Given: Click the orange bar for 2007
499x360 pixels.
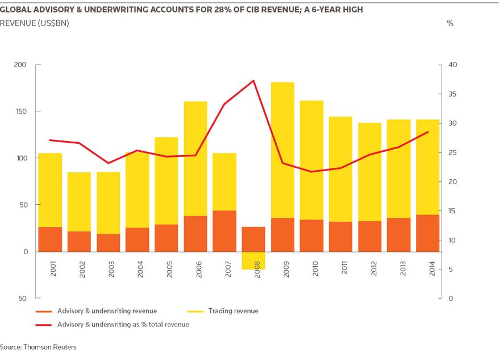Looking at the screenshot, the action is pyautogui.click(x=224, y=231).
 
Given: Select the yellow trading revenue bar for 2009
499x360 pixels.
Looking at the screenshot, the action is pyautogui.click(x=282, y=150).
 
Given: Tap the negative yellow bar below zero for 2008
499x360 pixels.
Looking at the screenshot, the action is pyautogui.click(x=253, y=260).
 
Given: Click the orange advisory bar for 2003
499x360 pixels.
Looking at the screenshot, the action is pyautogui.click(x=108, y=243).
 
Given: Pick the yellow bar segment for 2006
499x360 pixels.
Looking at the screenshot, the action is pyautogui.click(x=196, y=159).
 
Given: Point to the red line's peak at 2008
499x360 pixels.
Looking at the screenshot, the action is pyautogui.click(x=253, y=81).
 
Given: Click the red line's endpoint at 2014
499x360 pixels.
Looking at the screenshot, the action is pyautogui.click(x=428, y=131).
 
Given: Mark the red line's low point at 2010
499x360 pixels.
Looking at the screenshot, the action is pyautogui.click(x=311, y=172).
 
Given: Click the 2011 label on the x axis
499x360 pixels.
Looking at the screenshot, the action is pyautogui.click(x=344, y=268).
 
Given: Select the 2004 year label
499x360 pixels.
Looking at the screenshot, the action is pyautogui.click(x=140, y=269).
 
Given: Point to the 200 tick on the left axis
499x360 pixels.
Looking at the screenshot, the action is pyautogui.click(x=20, y=65).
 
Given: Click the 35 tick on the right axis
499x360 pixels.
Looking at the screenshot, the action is pyautogui.click(x=452, y=94).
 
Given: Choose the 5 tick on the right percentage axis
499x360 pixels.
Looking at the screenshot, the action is pyautogui.click(x=451, y=270).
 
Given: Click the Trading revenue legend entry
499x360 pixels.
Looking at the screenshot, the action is pyautogui.click(x=223, y=311).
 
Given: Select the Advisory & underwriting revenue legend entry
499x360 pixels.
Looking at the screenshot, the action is pyautogui.click(x=97, y=311).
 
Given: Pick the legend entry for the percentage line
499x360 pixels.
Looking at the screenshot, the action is pyautogui.click(x=113, y=325).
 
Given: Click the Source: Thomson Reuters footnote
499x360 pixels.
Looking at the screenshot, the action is pyautogui.click(x=38, y=347).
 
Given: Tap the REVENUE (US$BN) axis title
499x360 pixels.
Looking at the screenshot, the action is pyautogui.click(x=34, y=23).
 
